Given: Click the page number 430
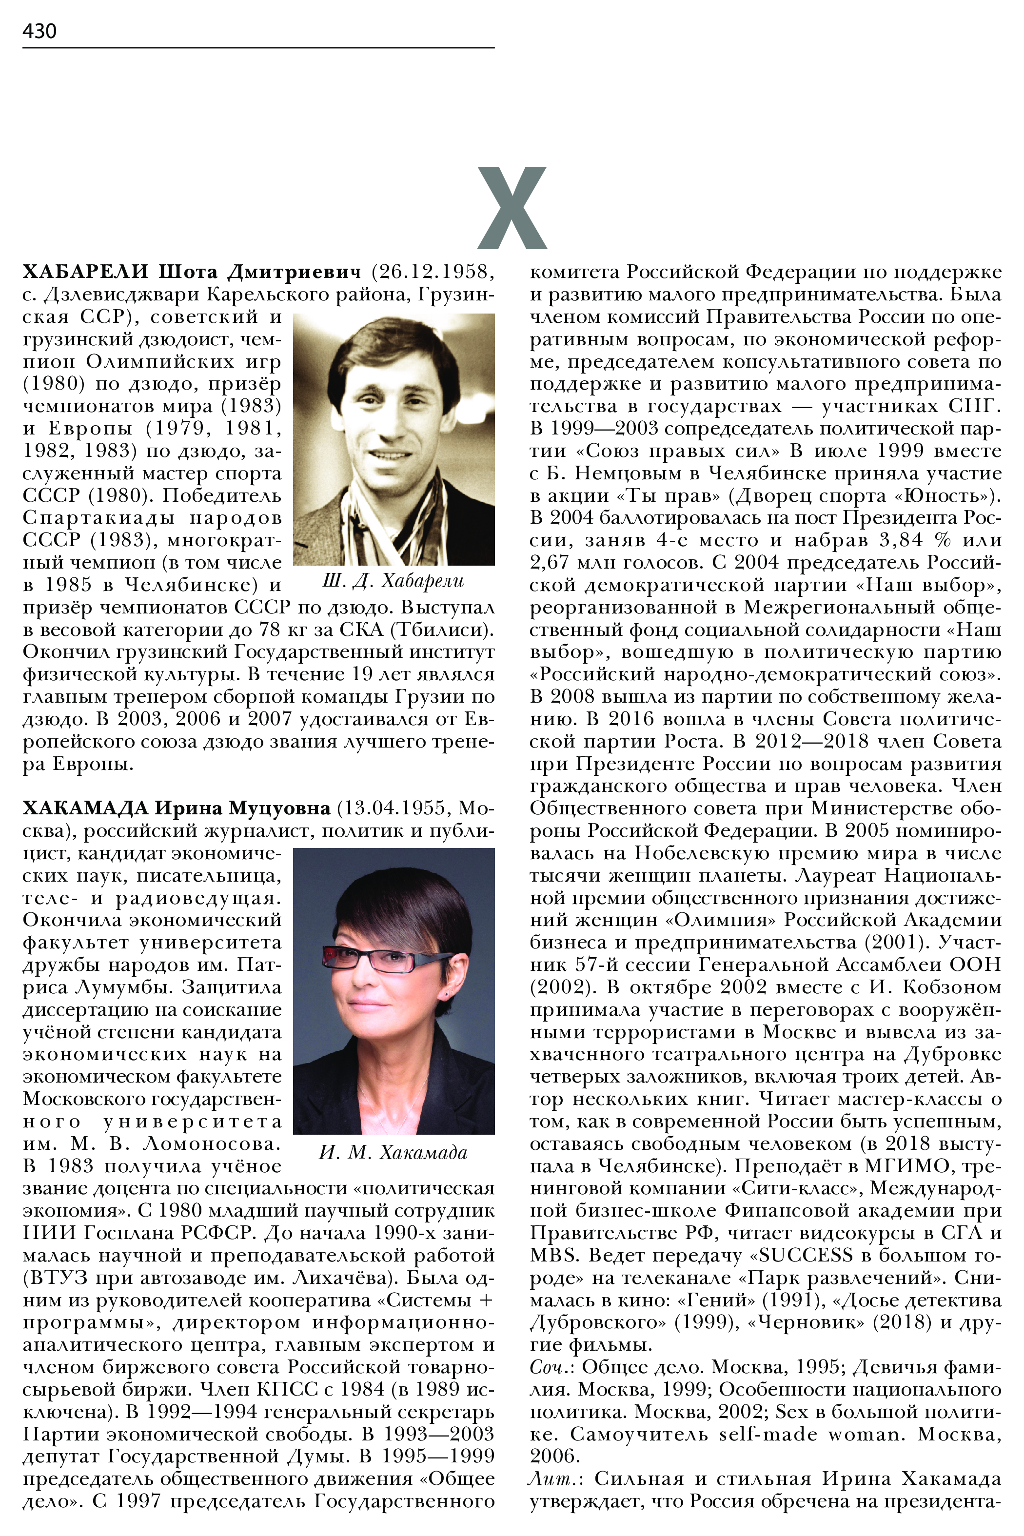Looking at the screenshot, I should point(39,31).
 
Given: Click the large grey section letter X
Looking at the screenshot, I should point(512,208).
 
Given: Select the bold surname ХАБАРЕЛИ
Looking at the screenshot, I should point(86,271).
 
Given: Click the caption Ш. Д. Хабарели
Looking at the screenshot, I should point(393,581).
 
